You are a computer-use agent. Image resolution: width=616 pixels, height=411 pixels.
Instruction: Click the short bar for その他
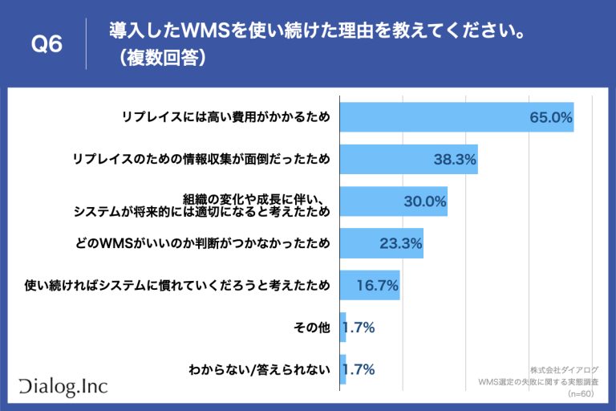click(x=343, y=327)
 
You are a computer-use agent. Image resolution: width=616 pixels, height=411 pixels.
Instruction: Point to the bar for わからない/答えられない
click(x=343, y=369)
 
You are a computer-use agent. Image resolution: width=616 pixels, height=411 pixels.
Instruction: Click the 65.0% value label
click(x=550, y=118)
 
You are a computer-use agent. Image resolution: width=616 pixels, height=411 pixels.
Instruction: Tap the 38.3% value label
click(x=455, y=160)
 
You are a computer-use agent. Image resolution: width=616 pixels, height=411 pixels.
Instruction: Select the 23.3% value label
click(x=400, y=243)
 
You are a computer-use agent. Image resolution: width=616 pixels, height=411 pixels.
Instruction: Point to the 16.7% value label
click(x=376, y=285)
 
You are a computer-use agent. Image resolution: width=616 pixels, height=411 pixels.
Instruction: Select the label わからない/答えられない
click(x=259, y=369)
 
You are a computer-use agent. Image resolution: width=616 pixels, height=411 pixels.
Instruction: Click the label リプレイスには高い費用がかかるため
click(x=225, y=118)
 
